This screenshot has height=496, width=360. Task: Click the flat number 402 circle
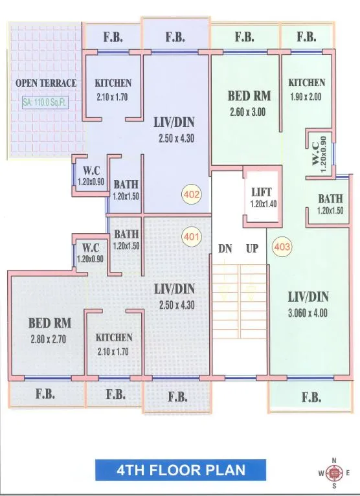click(192, 194)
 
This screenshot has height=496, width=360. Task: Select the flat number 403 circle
click(282, 246)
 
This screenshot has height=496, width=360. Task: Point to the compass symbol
click(334, 473)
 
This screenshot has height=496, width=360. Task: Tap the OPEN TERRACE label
click(46, 83)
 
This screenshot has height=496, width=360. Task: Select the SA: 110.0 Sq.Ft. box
click(47, 102)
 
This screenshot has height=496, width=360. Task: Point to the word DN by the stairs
click(225, 248)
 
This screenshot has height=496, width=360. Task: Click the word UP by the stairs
click(252, 248)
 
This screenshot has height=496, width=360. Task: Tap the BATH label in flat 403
click(330, 199)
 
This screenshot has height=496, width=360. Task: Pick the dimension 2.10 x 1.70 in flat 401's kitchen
click(114, 353)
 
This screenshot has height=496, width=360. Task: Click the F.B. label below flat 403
click(311, 398)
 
